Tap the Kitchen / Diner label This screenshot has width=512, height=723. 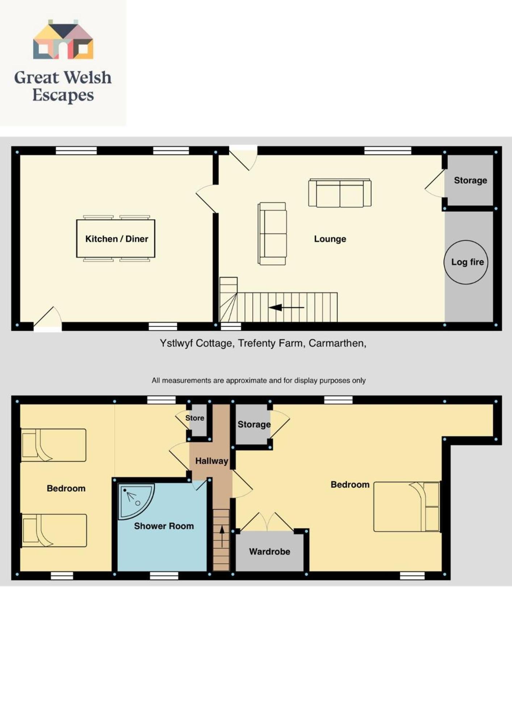point(117,239)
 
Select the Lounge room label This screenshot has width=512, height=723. point(330,239)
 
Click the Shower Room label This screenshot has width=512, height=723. point(164,526)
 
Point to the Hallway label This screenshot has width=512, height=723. point(211,461)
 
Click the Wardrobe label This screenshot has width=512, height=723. point(269,552)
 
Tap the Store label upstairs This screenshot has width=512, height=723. point(194,418)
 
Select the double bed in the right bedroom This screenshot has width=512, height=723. point(407,506)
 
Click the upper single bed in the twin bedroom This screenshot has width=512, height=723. point(54,445)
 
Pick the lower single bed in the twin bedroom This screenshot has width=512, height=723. point(54,531)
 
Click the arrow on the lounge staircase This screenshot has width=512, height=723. point(286,307)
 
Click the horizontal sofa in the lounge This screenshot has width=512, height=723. point(340,193)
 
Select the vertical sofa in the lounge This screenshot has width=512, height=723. point(272,234)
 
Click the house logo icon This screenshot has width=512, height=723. point(63,39)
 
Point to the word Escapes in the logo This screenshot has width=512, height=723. point(63,95)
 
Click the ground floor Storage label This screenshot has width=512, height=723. point(470,180)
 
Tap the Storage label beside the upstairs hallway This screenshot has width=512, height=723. point(254,425)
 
